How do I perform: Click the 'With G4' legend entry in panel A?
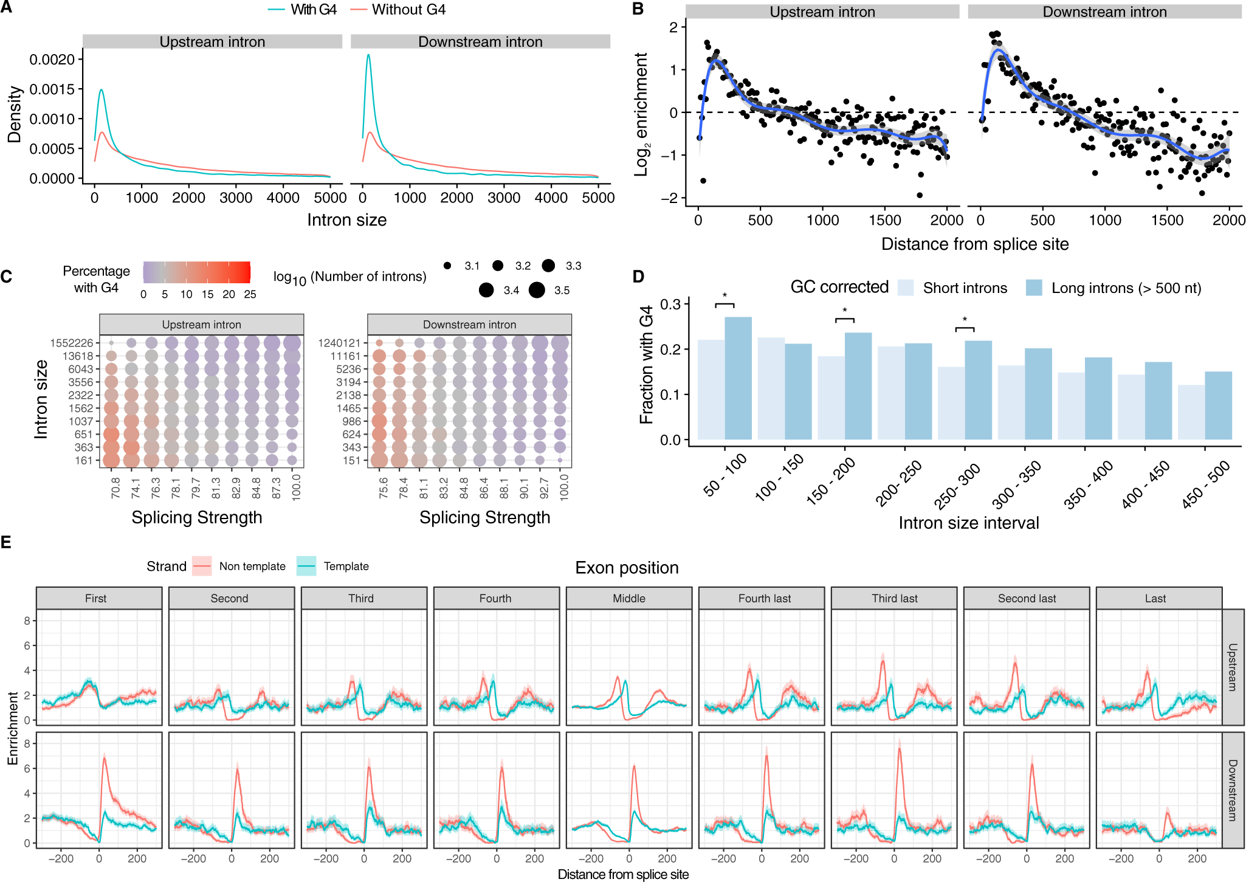pyautogui.click(x=302, y=10)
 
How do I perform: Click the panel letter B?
pyautogui.click(x=638, y=9)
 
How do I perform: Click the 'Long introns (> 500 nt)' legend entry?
pyautogui.click(x=1112, y=288)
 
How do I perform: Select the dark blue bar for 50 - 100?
pyautogui.click(x=738, y=378)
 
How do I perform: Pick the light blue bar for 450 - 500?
pyautogui.click(x=1191, y=412)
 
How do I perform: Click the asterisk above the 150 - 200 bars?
pyautogui.click(x=844, y=311)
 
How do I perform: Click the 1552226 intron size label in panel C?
pyautogui.click(x=72, y=343)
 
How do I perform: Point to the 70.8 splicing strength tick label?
pyautogui.click(x=115, y=488)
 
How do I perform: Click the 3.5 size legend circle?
pyautogui.click(x=537, y=290)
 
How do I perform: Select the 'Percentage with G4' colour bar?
pyautogui.click(x=196, y=272)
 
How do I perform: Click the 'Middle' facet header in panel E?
pyautogui.click(x=629, y=598)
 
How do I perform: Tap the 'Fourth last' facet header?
pyautogui.click(x=764, y=598)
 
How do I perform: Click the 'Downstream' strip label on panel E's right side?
pyautogui.click(x=1232, y=790)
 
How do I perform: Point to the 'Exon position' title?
pyautogui.click(x=627, y=567)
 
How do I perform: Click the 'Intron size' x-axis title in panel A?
pyautogui.click(x=346, y=220)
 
